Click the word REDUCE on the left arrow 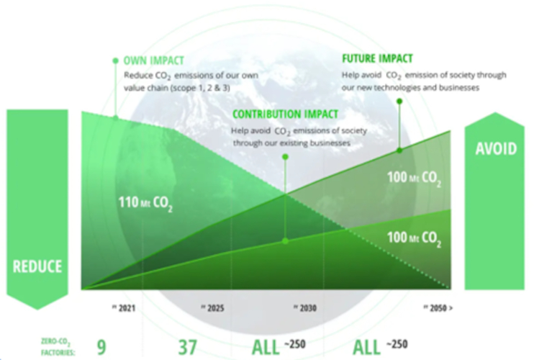[37, 266]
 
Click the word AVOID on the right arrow [495, 149]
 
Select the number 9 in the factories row [101, 347]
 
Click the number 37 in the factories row [187, 347]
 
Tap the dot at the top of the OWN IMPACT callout [115, 61]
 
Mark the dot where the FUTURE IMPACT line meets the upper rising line [400, 150]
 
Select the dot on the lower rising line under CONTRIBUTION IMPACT [286, 240]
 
